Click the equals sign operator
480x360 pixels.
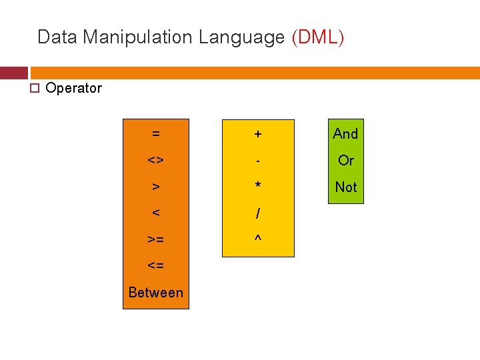pos(155,133)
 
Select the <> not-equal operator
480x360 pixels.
pos(155,160)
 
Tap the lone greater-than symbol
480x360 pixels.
pos(155,187)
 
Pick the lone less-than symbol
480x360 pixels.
pos(155,213)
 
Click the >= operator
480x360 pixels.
pos(155,239)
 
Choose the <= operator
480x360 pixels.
pos(155,265)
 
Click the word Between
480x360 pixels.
pos(155,292)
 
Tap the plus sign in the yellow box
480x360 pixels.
pos(258,134)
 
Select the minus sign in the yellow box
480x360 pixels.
pos(258,161)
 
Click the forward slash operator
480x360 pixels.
pos(258,213)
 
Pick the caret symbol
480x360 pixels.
pos(258,237)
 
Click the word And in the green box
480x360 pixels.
pos(345,133)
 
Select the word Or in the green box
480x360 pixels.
pos(345,160)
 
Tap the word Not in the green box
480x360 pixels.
pos(345,187)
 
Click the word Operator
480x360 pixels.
pos(73,88)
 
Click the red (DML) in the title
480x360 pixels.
pos(318,37)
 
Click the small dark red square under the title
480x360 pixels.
pos(13,73)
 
